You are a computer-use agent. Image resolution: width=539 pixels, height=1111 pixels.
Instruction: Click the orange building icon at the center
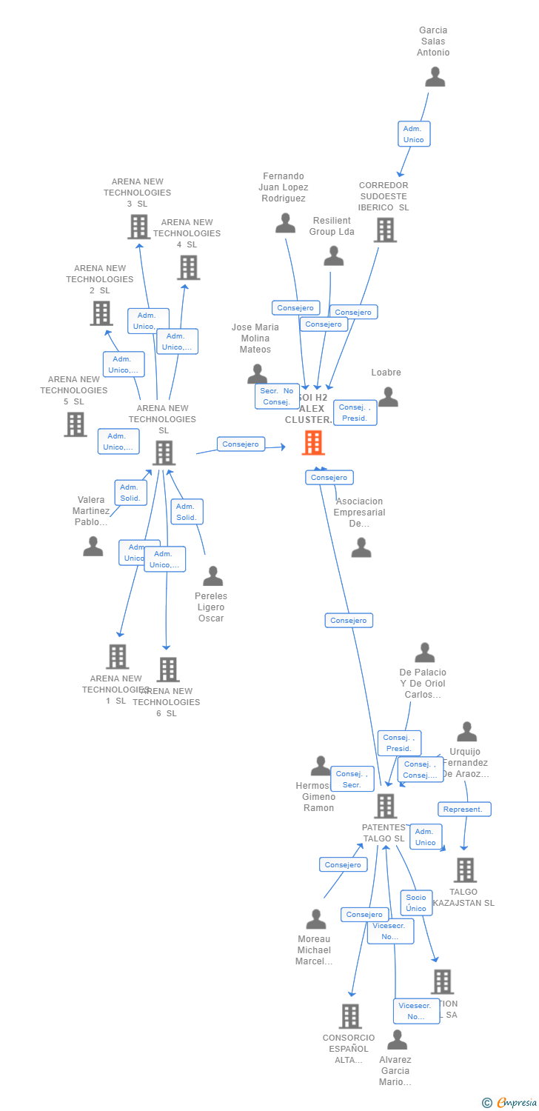313,443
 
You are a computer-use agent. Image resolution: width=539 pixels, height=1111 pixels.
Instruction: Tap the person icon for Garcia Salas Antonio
435,77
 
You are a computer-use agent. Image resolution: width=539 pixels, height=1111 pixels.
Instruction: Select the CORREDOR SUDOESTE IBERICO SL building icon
384,230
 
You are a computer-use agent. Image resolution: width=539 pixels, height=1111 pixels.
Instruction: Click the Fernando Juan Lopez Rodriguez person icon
285,223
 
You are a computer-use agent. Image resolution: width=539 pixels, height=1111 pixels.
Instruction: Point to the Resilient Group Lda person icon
334,256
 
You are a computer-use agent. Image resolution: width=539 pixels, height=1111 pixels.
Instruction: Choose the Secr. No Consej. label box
277,396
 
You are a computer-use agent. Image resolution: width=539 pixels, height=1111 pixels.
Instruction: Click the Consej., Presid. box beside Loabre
355,413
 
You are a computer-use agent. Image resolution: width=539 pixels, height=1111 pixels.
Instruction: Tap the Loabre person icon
388,398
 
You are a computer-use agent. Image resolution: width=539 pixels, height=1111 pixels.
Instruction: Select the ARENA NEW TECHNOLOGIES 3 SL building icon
139,227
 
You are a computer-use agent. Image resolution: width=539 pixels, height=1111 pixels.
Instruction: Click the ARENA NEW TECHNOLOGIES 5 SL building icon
76,424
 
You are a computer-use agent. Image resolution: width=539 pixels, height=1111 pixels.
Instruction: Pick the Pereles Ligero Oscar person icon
212,575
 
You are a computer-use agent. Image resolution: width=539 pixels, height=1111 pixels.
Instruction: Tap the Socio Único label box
416,902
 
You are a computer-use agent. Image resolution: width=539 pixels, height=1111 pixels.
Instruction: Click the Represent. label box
464,810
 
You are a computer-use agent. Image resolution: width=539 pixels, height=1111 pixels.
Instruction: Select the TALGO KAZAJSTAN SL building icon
465,870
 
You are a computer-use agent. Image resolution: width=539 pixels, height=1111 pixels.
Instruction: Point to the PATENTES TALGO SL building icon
386,806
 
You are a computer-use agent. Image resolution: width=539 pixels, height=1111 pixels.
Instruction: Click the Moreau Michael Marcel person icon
316,919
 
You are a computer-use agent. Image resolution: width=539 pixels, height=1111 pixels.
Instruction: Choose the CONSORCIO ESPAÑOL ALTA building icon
350,1016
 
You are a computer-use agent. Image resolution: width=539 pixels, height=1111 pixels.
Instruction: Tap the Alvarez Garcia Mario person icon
397,1040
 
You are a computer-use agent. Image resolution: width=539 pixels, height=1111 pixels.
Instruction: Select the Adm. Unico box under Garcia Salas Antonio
414,134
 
